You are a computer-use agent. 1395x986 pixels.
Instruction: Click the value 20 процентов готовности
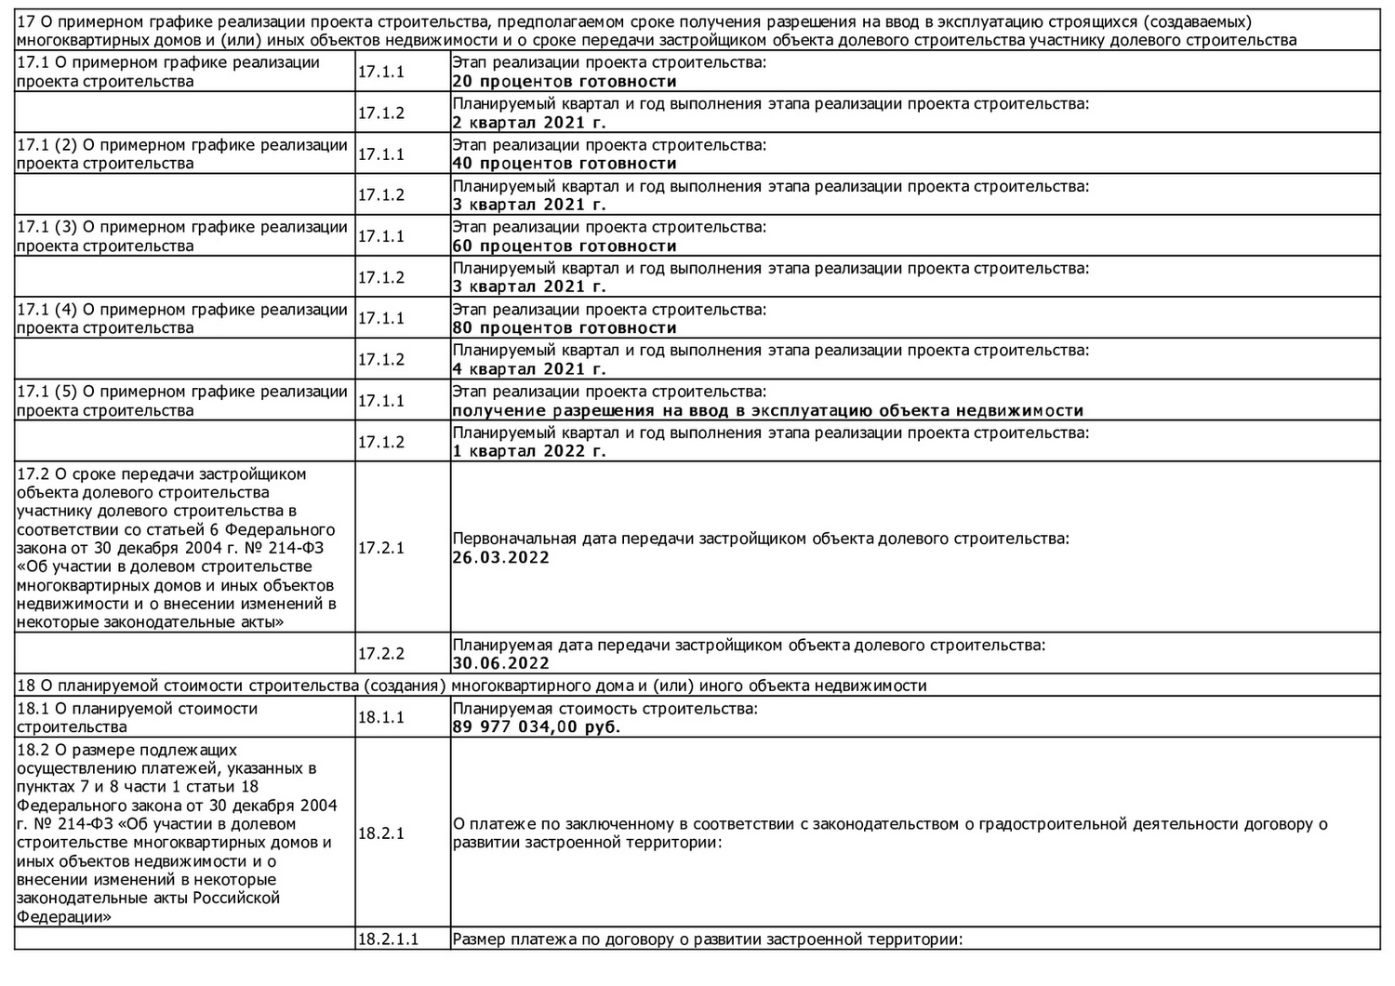[x=564, y=82]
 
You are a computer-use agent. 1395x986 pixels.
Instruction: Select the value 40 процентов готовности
[x=564, y=164]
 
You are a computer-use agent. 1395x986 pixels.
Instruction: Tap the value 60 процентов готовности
[x=564, y=246]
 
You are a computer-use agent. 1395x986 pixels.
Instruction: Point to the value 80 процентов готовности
[x=564, y=328]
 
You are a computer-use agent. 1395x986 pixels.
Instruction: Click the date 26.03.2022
[x=500, y=558]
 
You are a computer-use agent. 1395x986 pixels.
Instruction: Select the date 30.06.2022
[x=500, y=663]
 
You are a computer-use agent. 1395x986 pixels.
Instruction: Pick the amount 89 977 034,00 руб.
[x=536, y=727]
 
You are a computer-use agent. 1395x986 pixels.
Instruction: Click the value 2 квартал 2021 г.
[x=528, y=123]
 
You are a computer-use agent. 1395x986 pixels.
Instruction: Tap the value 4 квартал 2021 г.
[x=528, y=369]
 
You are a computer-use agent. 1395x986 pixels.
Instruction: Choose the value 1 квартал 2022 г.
[x=528, y=451]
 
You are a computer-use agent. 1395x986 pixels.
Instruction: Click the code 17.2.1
[x=381, y=548]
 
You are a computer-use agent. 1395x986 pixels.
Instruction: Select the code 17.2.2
[x=381, y=654]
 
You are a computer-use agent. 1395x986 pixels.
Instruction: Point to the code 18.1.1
[x=381, y=718]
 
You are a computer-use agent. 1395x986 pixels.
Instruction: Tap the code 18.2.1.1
[x=388, y=939]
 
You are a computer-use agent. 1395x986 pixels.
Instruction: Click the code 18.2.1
[x=381, y=833]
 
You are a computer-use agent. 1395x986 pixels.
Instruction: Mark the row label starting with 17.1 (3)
[x=182, y=236]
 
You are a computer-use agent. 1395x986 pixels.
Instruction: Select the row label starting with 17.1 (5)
[x=182, y=401]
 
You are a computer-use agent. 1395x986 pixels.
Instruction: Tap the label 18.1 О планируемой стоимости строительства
[x=137, y=718]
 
